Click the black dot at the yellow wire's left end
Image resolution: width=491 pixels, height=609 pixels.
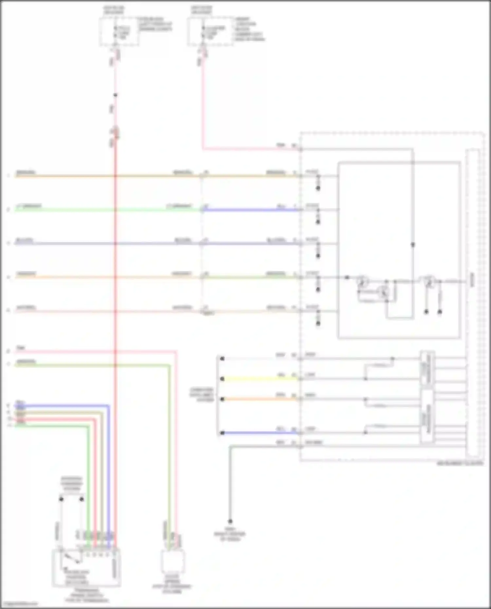(222, 379)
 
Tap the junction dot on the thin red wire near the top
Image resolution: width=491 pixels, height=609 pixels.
(115, 95)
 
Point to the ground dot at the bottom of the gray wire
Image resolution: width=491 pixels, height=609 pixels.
(230, 521)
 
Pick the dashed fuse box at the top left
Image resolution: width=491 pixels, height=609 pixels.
(119, 32)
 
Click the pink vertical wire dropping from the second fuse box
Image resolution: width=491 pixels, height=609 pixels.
(203, 105)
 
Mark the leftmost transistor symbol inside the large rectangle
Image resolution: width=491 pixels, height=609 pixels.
(362, 281)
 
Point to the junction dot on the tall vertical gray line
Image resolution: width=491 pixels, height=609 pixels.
(413, 245)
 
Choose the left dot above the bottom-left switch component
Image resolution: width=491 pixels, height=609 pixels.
(61, 499)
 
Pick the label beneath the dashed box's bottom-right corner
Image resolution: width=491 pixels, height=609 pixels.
(460, 463)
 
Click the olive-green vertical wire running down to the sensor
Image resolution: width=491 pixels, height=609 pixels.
(169, 458)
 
